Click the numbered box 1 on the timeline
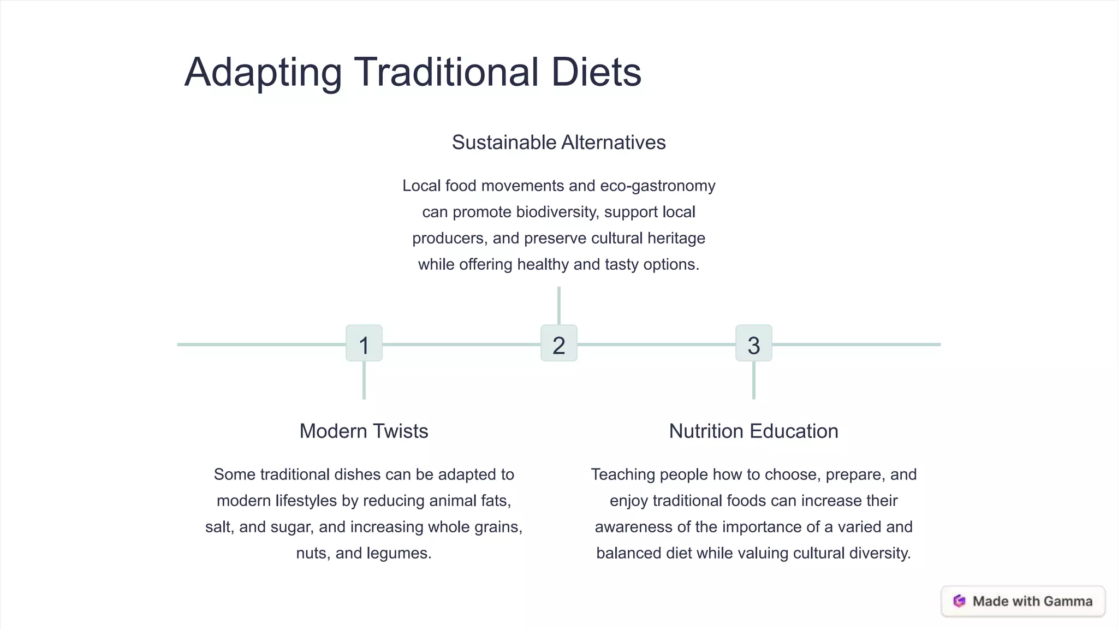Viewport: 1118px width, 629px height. coord(364,343)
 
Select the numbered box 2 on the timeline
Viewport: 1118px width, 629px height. coord(558,343)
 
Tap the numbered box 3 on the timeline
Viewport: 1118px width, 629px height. coord(753,343)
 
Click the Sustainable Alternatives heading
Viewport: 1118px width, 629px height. coord(558,143)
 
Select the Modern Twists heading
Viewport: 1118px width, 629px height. coord(364,431)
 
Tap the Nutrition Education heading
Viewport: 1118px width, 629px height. coord(753,431)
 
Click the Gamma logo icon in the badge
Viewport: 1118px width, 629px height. coord(959,601)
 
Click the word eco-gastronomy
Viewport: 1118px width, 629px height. coord(657,186)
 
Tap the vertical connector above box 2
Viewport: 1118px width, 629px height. coord(558,306)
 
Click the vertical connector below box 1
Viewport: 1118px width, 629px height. coord(364,380)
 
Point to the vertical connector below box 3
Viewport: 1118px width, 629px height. coord(753,380)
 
